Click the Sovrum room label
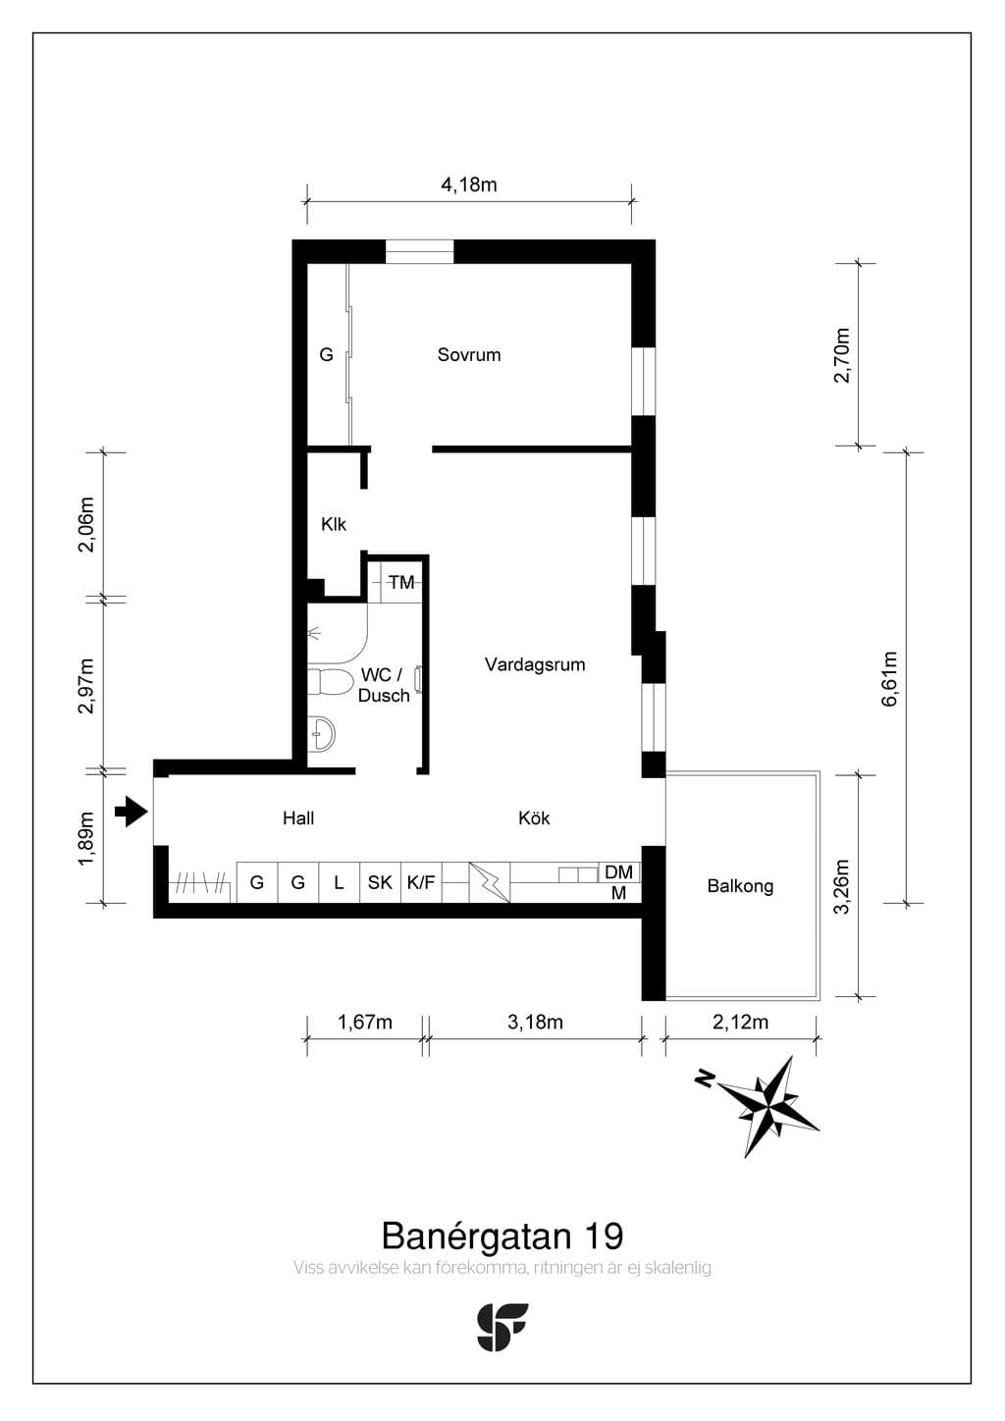click(x=469, y=354)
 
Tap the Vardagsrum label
click(x=535, y=664)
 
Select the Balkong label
click(x=740, y=886)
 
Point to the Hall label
click(x=298, y=818)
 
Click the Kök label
click(x=534, y=817)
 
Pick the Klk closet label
click(x=334, y=525)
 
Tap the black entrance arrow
click(x=132, y=812)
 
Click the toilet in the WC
click(x=330, y=681)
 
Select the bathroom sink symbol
click(x=322, y=735)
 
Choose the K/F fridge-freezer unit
click(x=421, y=882)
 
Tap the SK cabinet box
click(x=380, y=882)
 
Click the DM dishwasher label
click(x=618, y=872)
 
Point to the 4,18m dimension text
click(x=469, y=185)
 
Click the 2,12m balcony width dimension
click(x=740, y=1022)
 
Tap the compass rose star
click(x=770, y=1106)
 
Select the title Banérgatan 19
click(x=502, y=1236)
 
